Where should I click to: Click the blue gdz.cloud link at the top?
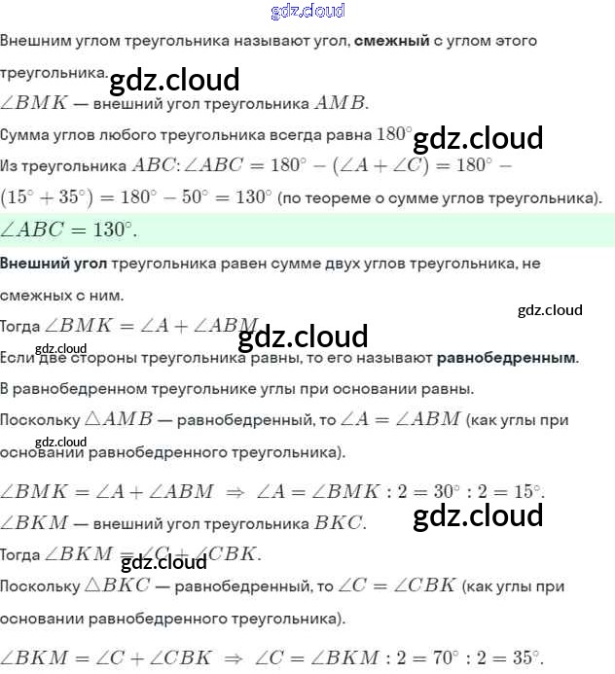click(307, 12)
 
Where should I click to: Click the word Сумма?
click(25, 133)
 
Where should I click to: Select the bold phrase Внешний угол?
click(54, 264)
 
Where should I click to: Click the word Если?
click(18, 358)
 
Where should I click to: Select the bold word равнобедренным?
click(506, 358)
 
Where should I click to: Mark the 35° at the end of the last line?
click(525, 656)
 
